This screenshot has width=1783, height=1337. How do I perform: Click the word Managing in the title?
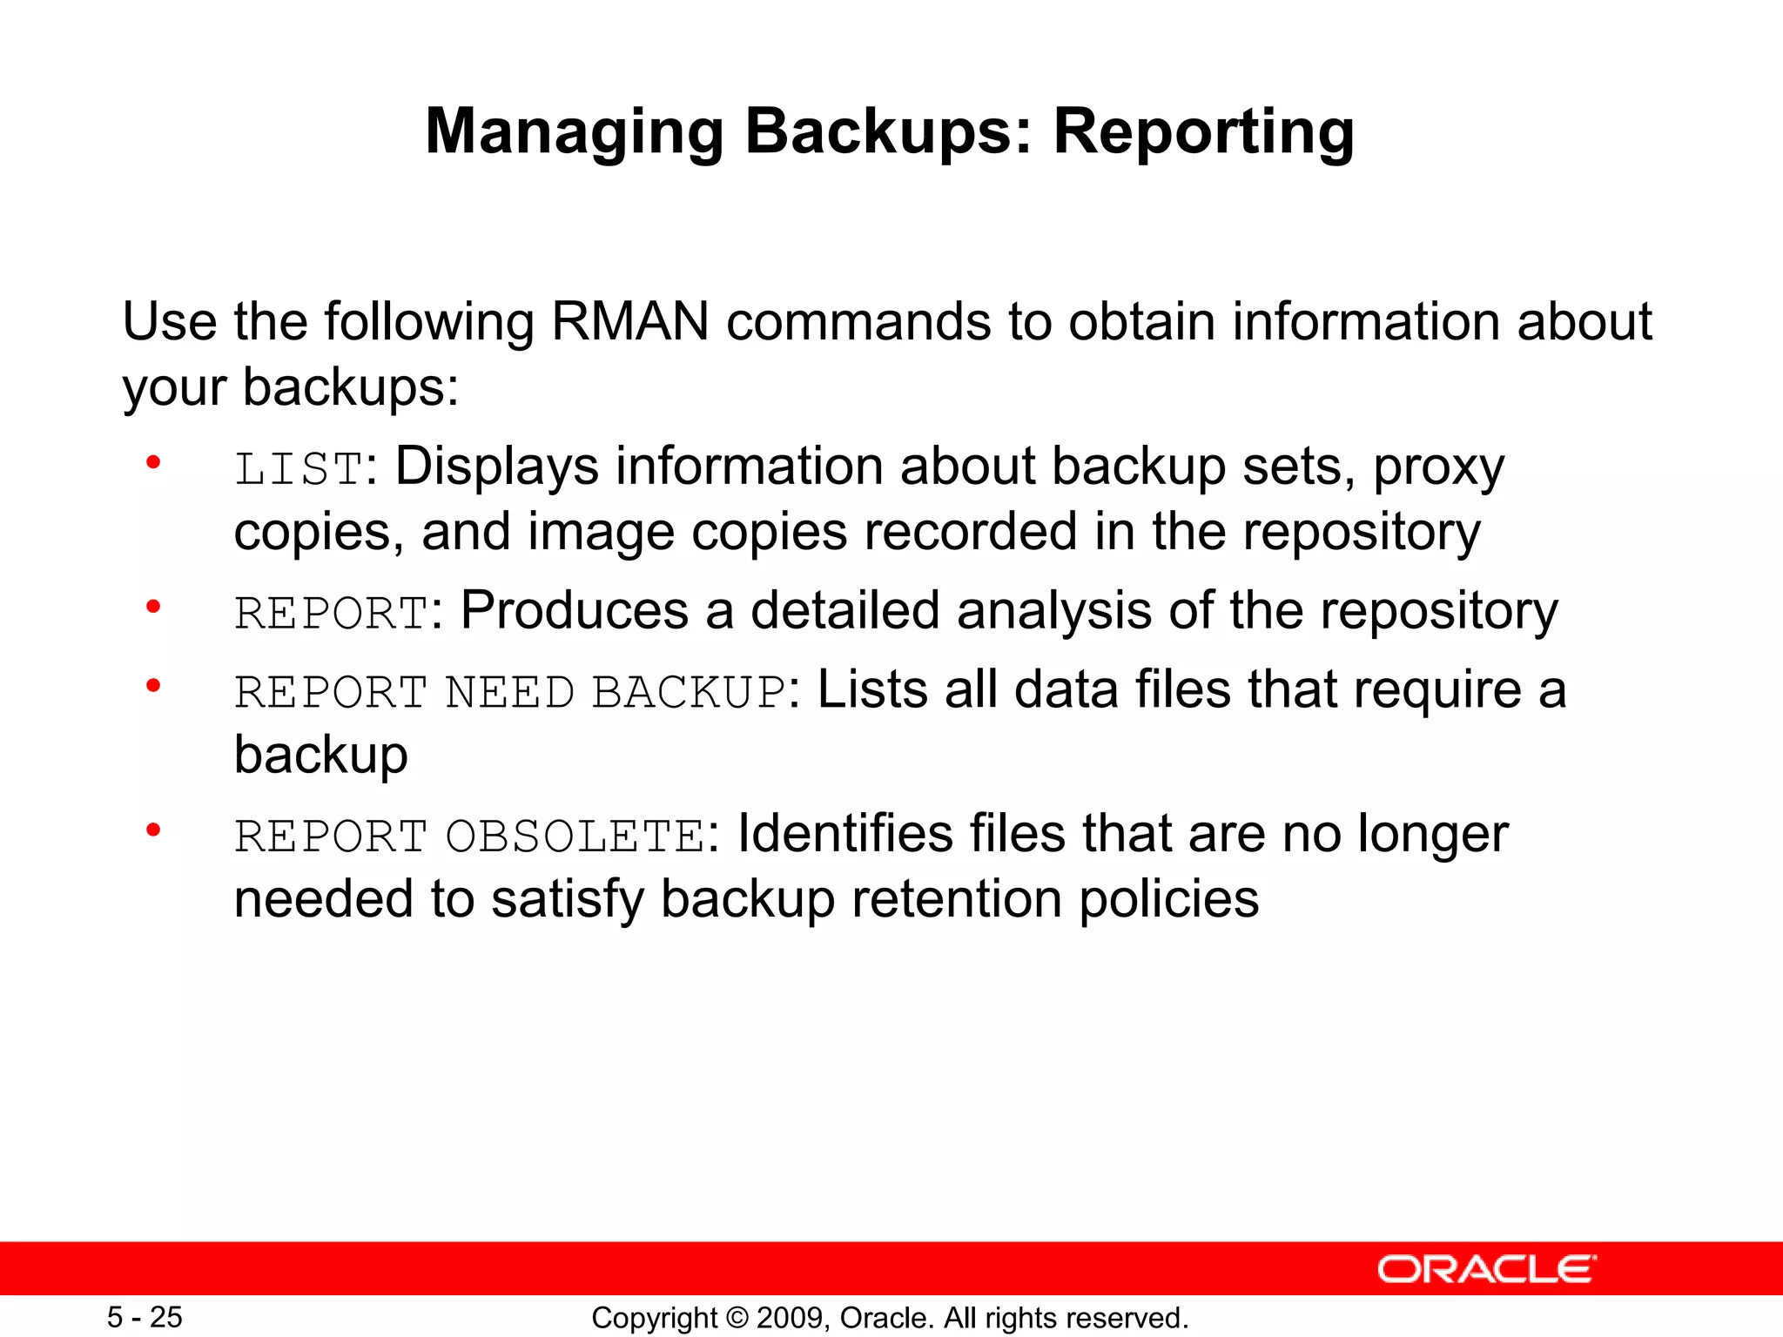pyautogui.click(x=574, y=132)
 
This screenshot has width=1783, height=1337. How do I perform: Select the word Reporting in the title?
pyautogui.click(x=1203, y=132)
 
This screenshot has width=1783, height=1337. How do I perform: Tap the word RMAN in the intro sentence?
pyautogui.click(x=630, y=321)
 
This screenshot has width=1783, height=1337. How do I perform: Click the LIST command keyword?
pyautogui.click(x=299, y=469)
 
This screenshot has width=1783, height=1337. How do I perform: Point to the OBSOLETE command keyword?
pyautogui.click(x=575, y=836)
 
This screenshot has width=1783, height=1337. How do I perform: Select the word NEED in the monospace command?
pyautogui.click(x=509, y=693)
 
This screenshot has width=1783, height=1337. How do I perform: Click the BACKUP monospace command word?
pyautogui.click(x=690, y=693)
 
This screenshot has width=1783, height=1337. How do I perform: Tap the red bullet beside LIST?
pyautogui.click(x=153, y=462)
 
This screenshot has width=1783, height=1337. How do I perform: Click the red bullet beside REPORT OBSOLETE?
pyautogui.click(x=153, y=830)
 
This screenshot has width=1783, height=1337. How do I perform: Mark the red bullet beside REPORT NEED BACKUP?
pyautogui.click(x=153, y=686)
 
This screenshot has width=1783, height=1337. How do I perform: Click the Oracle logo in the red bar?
pyautogui.click(x=1486, y=1269)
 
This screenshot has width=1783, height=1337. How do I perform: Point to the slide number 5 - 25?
pyautogui.click(x=145, y=1317)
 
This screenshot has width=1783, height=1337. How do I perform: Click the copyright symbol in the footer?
pyautogui.click(x=737, y=1318)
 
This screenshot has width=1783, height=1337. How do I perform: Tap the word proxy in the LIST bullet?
pyautogui.click(x=1438, y=467)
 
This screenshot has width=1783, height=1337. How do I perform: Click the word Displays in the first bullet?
pyautogui.click(x=497, y=467)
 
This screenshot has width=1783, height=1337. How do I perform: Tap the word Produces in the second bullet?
pyautogui.click(x=575, y=610)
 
